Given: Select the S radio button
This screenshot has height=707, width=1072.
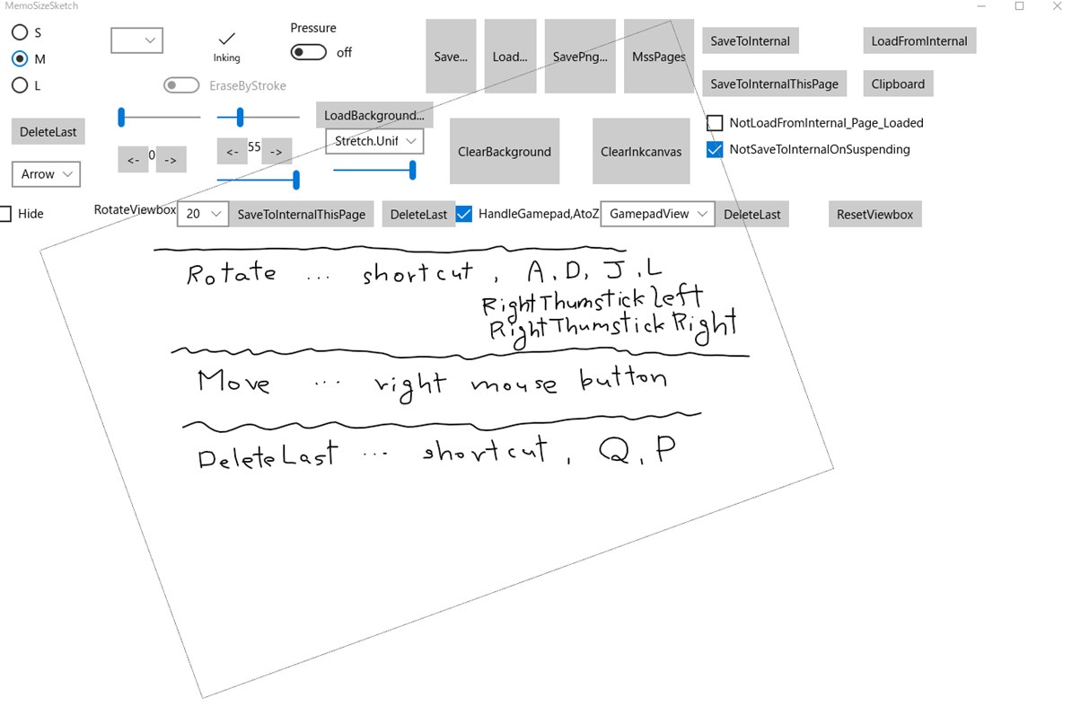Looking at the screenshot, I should pyautogui.click(x=20, y=32).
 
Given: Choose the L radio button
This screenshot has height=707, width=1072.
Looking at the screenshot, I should pyautogui.click(x=20, y=85).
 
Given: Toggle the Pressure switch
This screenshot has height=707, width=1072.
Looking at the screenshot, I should pyautogui.click(x=309, y=53).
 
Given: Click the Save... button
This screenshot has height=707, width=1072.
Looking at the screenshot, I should pyautogui.click(x=451, y=57).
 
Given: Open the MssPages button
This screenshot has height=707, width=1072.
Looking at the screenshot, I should pyautogui.click(x=658, y=57).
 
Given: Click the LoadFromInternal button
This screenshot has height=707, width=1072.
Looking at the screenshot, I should pyautogui.click(x=918, y=41).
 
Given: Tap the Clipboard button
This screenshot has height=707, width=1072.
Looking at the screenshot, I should pyautogui.click(x=897, y=84).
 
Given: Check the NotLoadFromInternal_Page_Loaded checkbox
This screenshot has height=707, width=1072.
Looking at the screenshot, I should pyautogui.click(x=715, y=123).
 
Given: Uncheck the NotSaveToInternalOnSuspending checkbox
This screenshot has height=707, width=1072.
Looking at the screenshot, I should pyautogui.click(x=715, y=149).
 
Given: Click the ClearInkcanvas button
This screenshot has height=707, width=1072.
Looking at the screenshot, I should pyautogui.click(x=641, y=152).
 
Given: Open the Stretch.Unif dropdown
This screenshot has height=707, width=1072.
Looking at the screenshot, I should pyautogui.click(x=374, y=141).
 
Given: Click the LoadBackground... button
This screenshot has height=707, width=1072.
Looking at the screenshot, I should pyautogui.click(x=373, y=115).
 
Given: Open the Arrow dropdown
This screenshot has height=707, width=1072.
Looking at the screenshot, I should pyautogui.click(x=46, y=174).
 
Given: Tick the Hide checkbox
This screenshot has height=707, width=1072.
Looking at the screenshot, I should pyautogui.click(x=5, y=214).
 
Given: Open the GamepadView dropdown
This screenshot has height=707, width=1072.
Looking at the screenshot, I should pyautogui.click(x=657, y=214).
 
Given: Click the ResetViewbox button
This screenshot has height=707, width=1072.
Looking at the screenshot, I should pyautogui.click(x=874, y=215).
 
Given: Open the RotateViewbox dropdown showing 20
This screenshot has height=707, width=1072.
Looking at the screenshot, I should pyautogui.click(x=203, y=214).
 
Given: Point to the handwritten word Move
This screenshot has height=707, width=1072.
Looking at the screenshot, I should pyautogui.click(x=233, y=381).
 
